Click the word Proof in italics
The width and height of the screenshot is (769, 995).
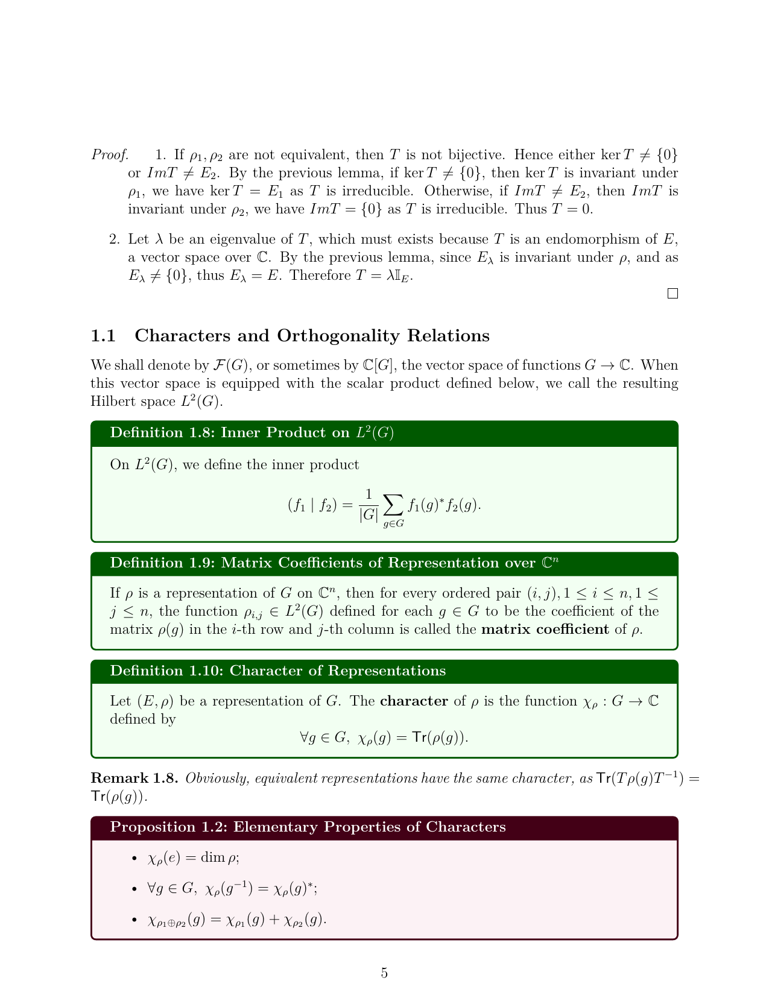click(x=109, y=155)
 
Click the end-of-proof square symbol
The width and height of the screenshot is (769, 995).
click(x=672, y=294)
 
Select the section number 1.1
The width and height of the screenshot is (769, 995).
click(x=103, y=336)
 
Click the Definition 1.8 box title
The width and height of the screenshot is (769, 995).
click(x=252, y=433)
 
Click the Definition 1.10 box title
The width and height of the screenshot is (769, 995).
click(x=278, y=671)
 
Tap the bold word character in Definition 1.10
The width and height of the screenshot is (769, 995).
click(x=414, y=701)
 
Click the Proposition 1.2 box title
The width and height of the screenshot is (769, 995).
click(x=308, y=827)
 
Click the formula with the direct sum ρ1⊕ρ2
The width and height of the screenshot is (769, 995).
click(x=237, y=921)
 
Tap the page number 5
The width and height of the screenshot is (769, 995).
click(x=384, y=973)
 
